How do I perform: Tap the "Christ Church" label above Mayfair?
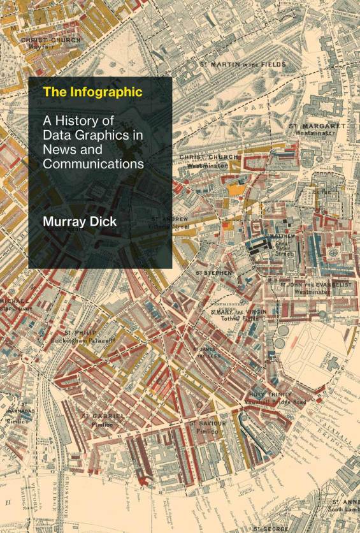click(51, 40)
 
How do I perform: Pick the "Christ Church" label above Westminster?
click(208, 157)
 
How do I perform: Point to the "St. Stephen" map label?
click(214, 272)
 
